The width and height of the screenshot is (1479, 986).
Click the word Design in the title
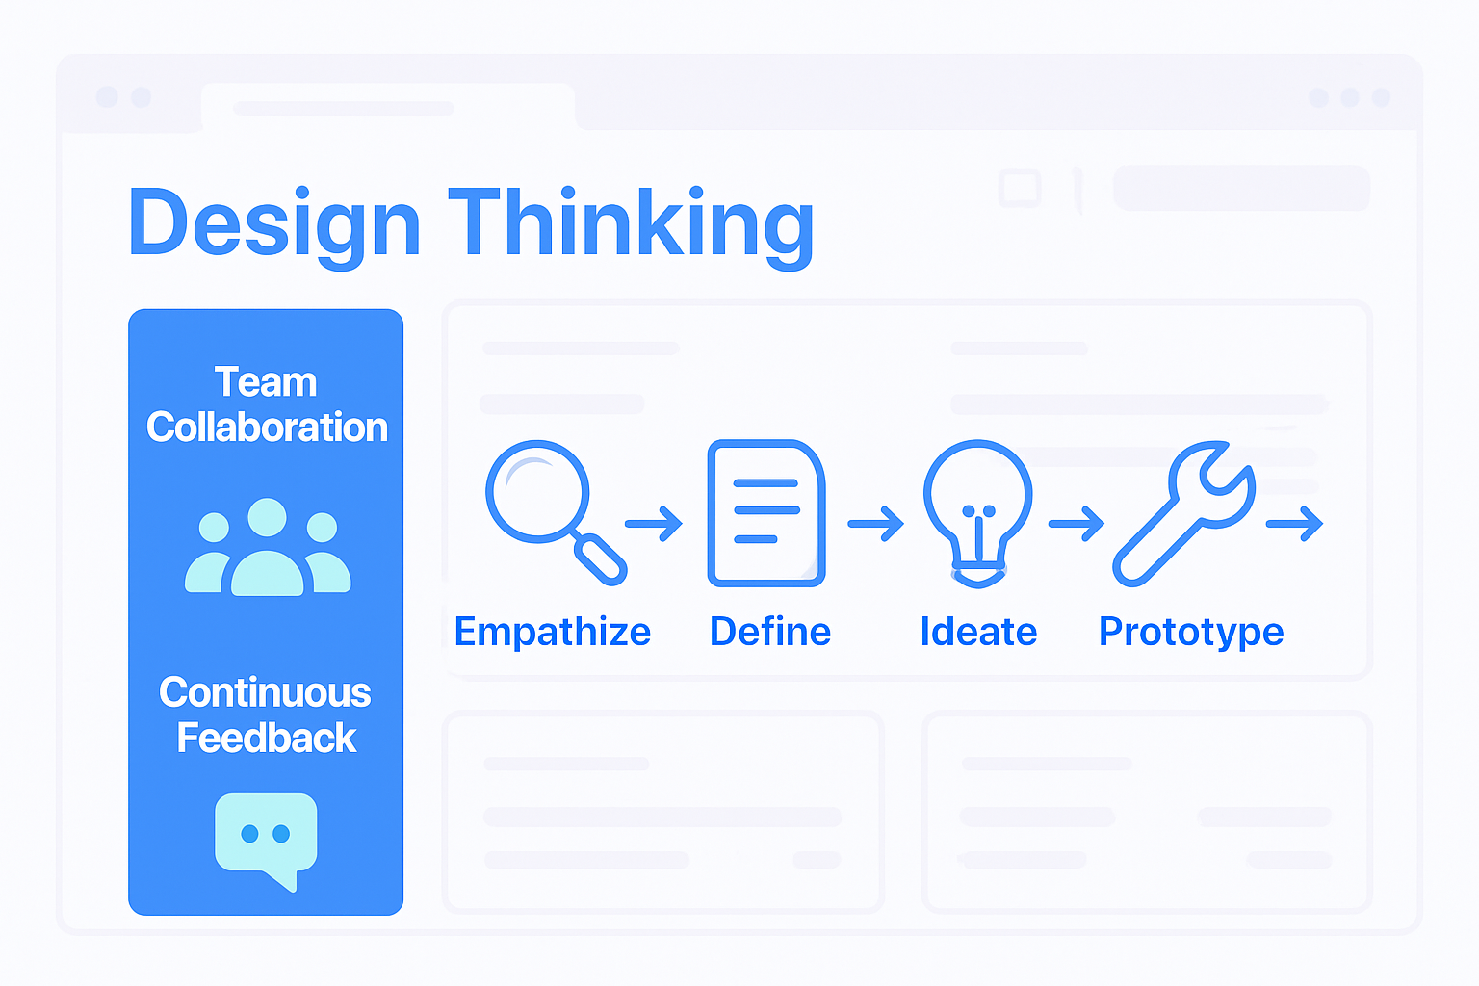pyautogui.click(x=274, y=223)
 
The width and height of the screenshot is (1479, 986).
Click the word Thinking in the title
pyautogui.click(x=631, y=223)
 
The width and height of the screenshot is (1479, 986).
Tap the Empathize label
pyautogui.click(x=553, y=632)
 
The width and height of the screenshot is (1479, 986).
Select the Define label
pyautogui.click(x=770, y=632)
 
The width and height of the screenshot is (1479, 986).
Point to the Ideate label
pyautogui.click(x=978, y=632)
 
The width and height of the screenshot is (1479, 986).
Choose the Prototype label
pyautogui.click(x=1191, y=632)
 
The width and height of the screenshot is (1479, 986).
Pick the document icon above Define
pyautogui.click(x=766, y=512)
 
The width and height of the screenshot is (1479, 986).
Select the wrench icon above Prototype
pyautogui.click(x=1184, y=512)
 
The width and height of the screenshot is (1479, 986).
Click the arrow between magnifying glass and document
pyautogui.click(x=654, y=524)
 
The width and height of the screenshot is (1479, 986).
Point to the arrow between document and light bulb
pyautogui.click(x=875, y=524)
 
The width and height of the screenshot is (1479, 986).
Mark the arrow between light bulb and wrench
pyautogui.click(x=1077, y=524)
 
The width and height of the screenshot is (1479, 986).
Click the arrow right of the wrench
pyautogui.click(x=1294, y=524)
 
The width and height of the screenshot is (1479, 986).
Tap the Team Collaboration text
pyautogui.click(x=267, y=404)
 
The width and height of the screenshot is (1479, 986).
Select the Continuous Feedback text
pyautogui.click(x=266, y=714)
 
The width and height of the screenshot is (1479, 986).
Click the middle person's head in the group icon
pyautogui.click(x=267, y=517)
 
